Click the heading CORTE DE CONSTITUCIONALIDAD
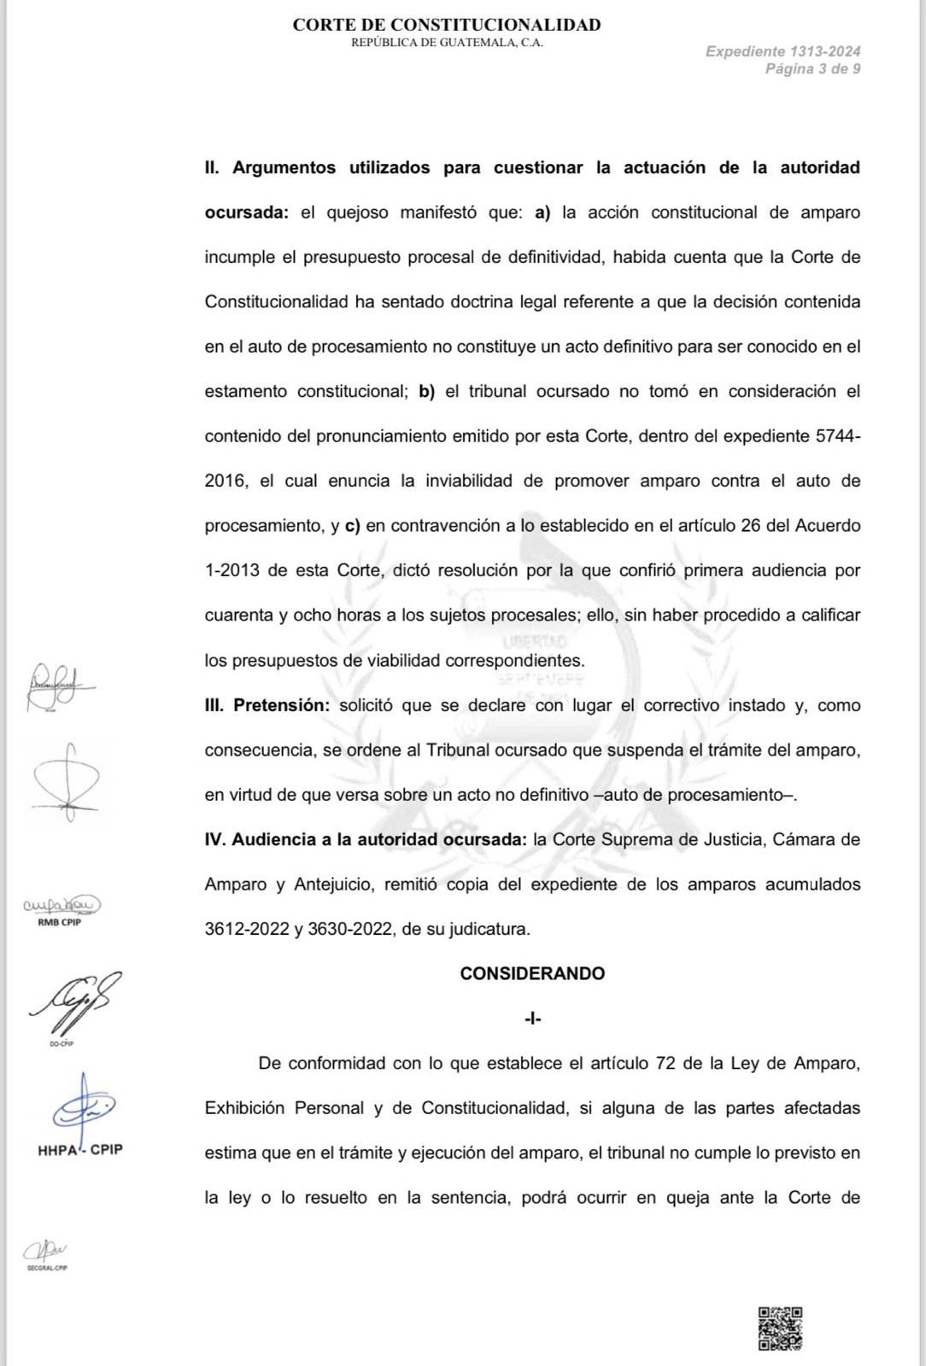click(446, 25)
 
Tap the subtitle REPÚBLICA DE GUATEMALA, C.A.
click(446, 43)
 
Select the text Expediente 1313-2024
click(782, 51)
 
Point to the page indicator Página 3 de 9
click(812, 69)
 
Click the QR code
click(780, 1328)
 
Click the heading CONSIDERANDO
click(532, 973)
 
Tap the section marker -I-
click(532, 1019)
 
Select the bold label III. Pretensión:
click(267, 705)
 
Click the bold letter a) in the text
click(542, 213)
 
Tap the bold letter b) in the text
click(426, 392)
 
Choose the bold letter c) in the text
click(352, 526)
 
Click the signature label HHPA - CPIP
click(80, 1149)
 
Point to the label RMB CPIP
click(60, 922)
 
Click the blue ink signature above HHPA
click(83, 1108)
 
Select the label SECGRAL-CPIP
click(47, 1268)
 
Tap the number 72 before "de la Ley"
click(665, 1063)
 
